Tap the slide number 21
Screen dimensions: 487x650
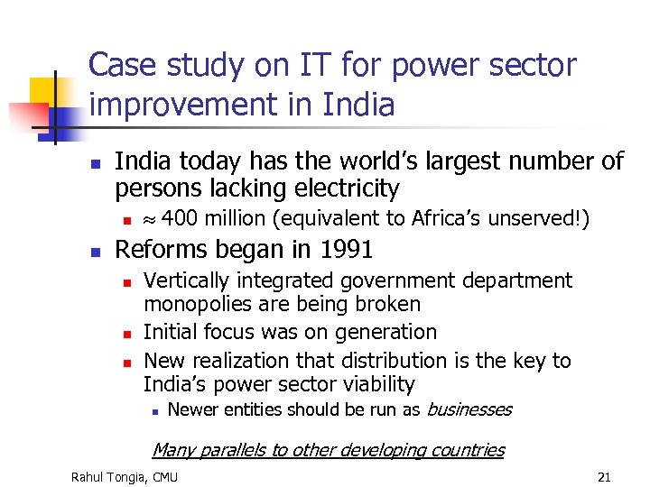(x=604, y=476)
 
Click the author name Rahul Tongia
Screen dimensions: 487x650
(x=110, y=476)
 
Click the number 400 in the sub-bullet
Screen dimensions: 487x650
(x=179, y=218)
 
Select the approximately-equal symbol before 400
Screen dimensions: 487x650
(x=151, y=219)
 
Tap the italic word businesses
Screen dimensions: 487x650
(x=469, y=409)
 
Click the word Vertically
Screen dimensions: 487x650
(x=185, y=281)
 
